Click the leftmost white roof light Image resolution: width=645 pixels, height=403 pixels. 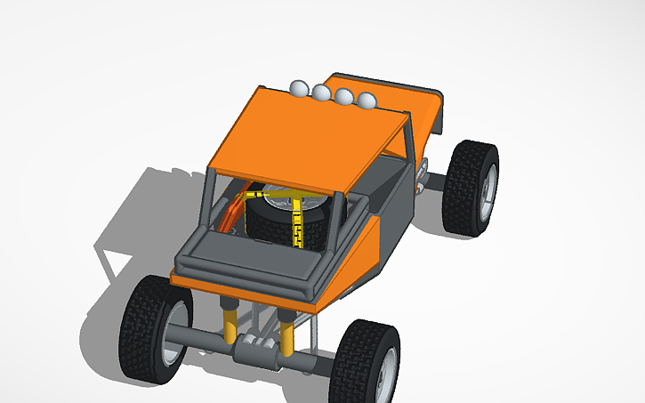point(299,88)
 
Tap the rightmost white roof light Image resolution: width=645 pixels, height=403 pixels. point(365,101)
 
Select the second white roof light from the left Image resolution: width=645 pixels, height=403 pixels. point(320,92)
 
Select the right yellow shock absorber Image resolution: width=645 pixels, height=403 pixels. point(288,336)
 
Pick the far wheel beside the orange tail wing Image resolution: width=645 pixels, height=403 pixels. point(472,187)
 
